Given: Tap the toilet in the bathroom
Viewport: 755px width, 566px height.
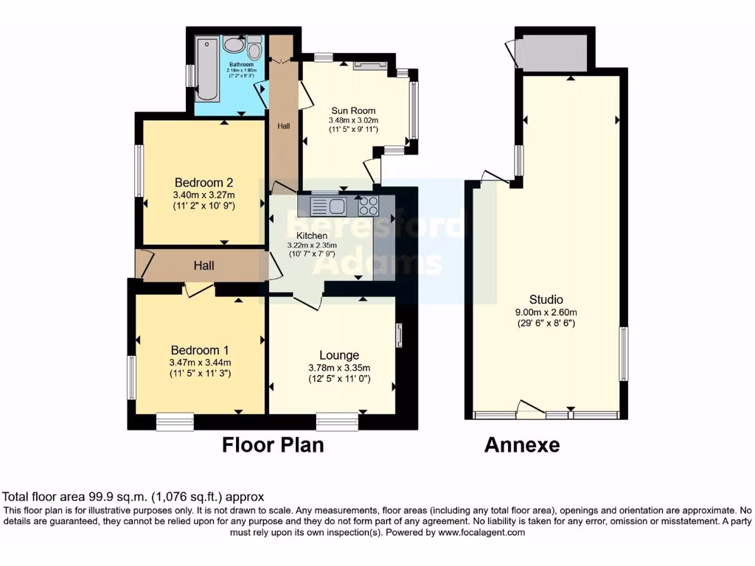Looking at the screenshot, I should tap(255, 51).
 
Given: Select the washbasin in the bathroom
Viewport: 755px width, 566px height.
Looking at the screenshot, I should tap(234, 46).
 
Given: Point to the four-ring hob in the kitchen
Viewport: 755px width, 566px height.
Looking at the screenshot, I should tap(367, 206).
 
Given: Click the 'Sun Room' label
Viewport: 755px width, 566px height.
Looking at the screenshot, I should tap(347, 111).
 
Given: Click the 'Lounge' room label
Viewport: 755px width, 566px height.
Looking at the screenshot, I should tap(340, 355).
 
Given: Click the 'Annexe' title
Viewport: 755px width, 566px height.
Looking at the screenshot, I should tap(521, 445).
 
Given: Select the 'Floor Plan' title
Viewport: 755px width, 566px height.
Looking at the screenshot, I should tap(273, 445).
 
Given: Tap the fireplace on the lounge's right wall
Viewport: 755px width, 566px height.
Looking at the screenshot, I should tap(399, 336).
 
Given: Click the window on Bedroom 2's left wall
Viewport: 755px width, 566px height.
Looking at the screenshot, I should tap(138, 170).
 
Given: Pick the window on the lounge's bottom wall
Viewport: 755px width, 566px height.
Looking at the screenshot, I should tap(337, 422).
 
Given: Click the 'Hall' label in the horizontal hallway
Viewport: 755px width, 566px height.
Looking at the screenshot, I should tap(203, 265).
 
